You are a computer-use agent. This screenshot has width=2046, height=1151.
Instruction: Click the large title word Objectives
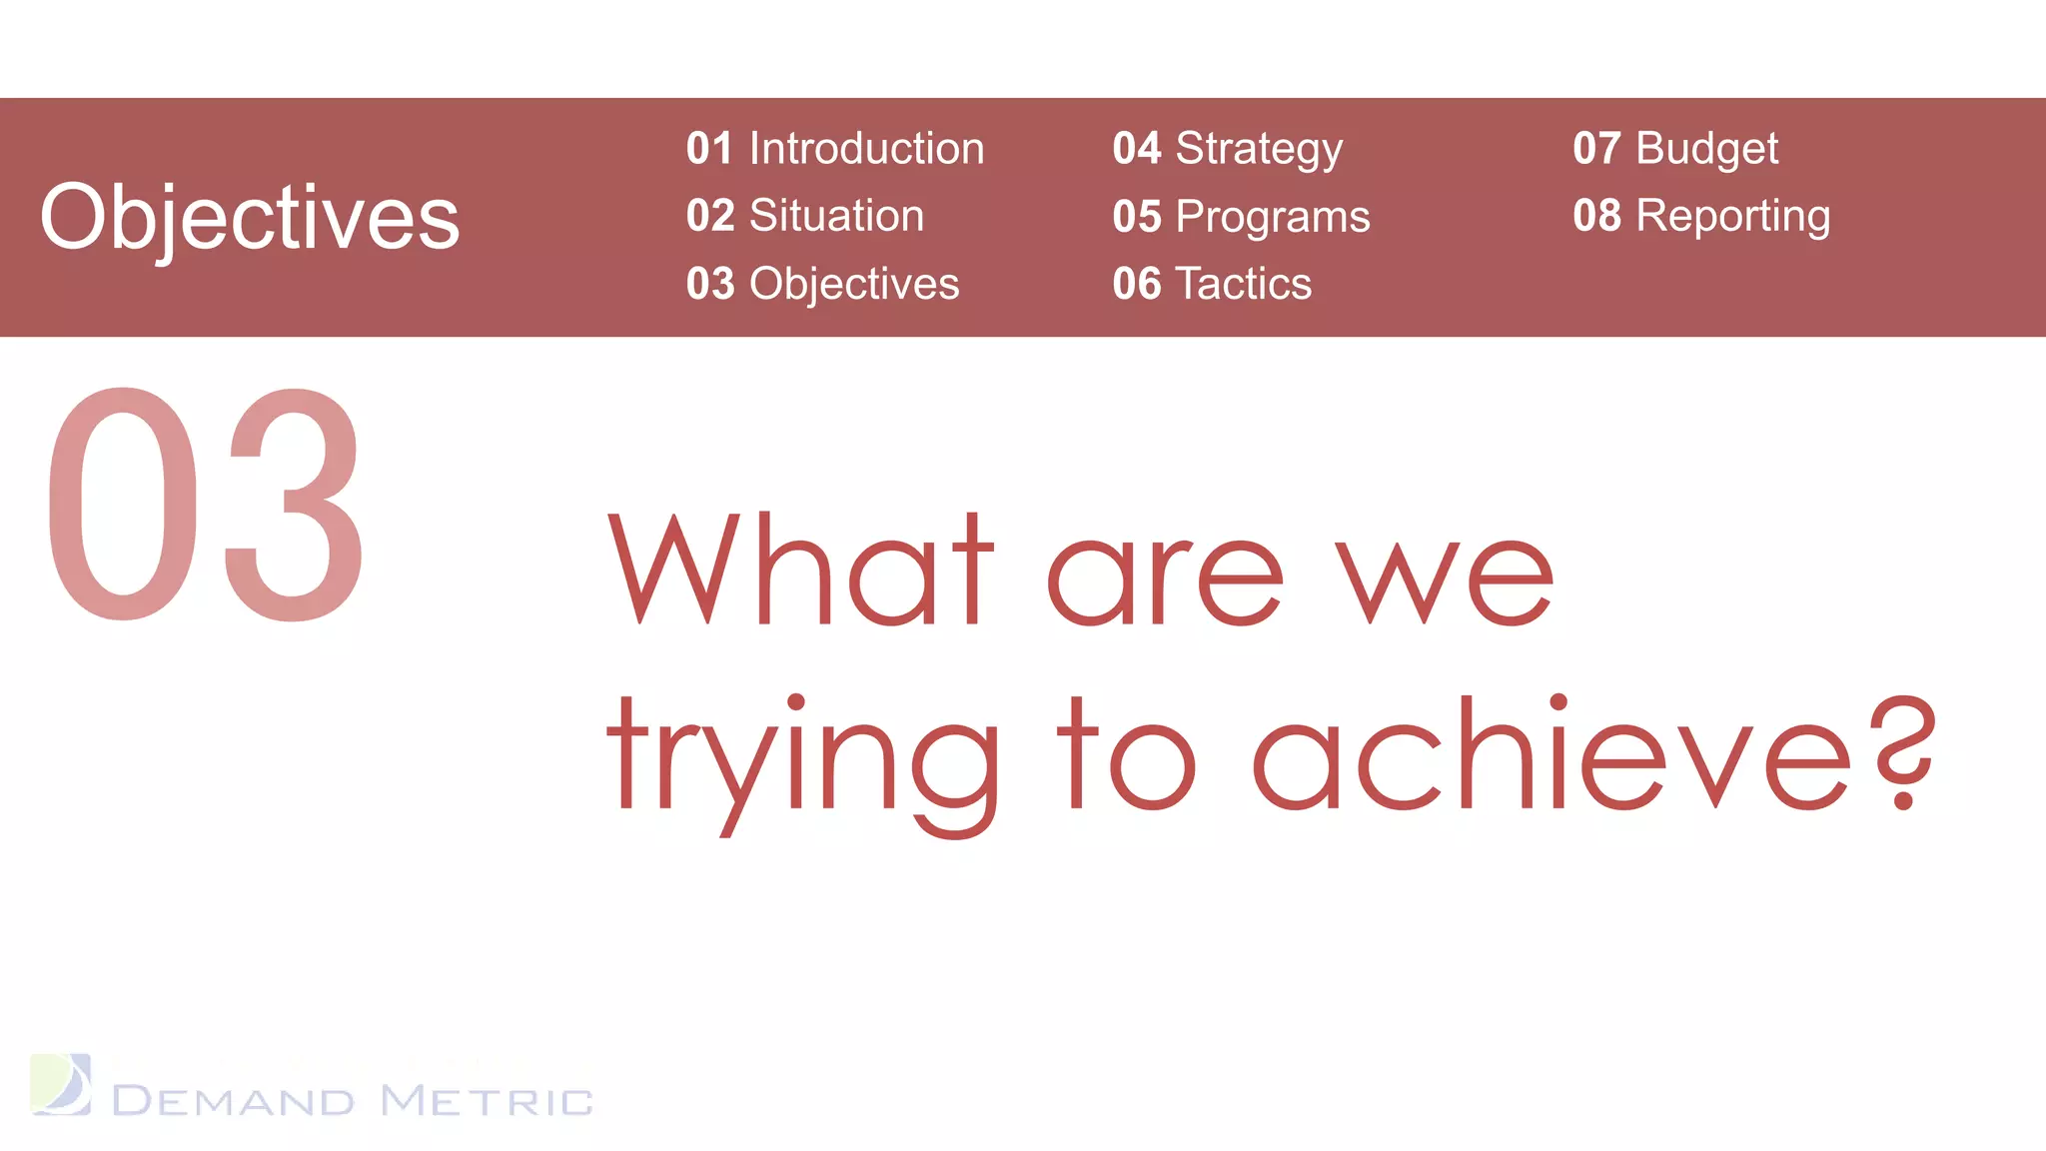click(x=250, y=218)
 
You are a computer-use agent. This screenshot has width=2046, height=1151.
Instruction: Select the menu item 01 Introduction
click(x=835, y=149)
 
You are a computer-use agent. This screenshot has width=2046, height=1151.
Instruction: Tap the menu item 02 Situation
click(x=805, y=216)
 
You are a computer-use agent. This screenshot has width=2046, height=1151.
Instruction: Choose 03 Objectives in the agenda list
click(x=822, y=284)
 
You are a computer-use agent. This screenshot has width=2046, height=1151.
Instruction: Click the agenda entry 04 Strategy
click(x=1227, y=149)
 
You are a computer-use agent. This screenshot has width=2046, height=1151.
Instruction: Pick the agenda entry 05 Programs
click(x=1241, y=217)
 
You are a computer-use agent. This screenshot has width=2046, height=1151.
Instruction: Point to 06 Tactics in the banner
click(x=1211, y=284)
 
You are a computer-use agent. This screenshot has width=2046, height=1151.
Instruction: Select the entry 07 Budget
click(x=1675, y=149)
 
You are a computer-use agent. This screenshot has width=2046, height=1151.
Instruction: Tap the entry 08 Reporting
click(x=1701, y=216)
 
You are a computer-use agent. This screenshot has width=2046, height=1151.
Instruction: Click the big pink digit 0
click(x=123, y=505)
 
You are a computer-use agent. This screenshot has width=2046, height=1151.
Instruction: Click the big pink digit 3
click(x=292, y=505)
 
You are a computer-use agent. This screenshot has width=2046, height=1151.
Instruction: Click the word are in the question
click(x=1165, y=579)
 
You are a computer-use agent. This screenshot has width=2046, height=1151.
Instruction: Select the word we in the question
click(x=1446, y=579)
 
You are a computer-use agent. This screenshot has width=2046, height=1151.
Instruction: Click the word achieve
click(x=1553, y=754)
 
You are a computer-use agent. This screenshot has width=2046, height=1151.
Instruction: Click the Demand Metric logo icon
click(x=61, y=1084)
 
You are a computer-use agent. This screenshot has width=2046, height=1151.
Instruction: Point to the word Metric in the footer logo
click(x=488, y=1101)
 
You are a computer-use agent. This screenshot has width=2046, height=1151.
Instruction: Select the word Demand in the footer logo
click(x=233, y=1101)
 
